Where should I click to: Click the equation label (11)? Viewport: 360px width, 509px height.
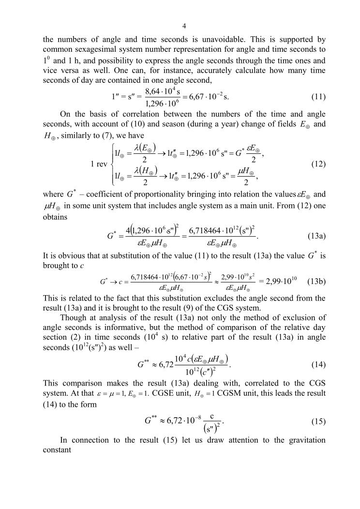(x=317, y=96)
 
